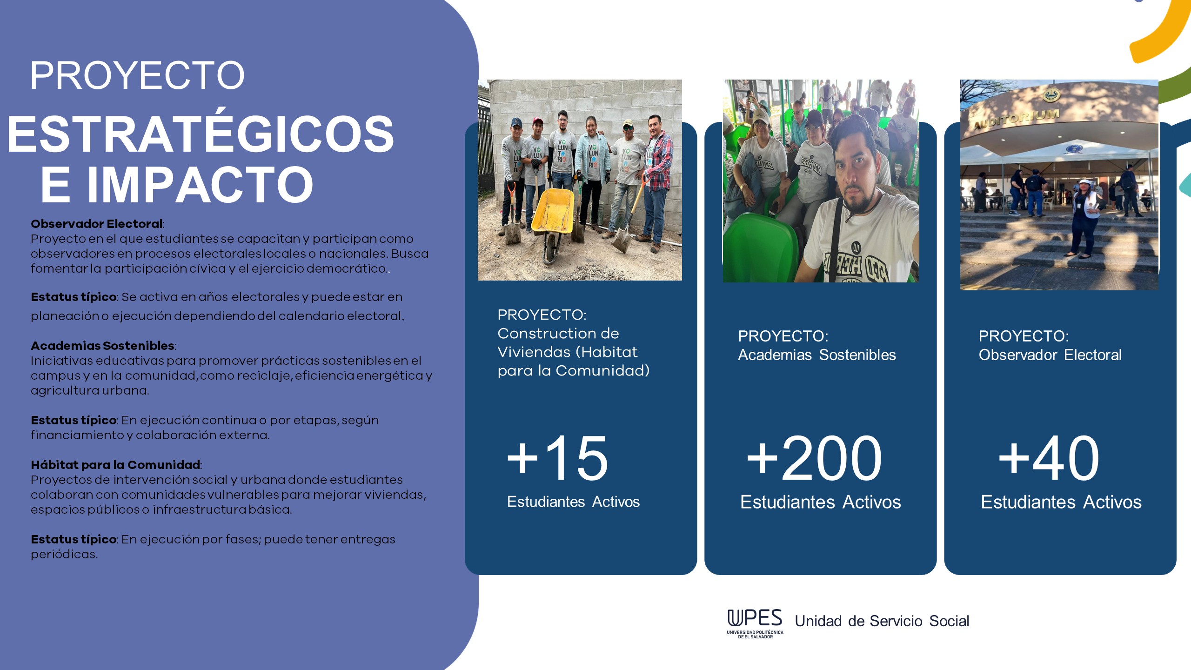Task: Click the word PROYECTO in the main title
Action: coord(137,75)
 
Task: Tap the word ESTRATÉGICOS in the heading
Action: coord(201,134)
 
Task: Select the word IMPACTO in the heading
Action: coord(200,185)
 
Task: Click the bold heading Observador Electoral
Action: coord(97,224)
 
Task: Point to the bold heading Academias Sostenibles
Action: coord(103,346)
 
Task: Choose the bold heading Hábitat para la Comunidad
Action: coord(116,465)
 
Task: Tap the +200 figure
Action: coord(814,458)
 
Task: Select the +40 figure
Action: coord(1049,458)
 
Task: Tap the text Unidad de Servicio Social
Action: coord(882,621)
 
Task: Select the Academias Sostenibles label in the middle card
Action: coord(817,355)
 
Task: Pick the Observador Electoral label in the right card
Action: coord(1050,355)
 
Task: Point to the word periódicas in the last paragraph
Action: coord(64,555)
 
